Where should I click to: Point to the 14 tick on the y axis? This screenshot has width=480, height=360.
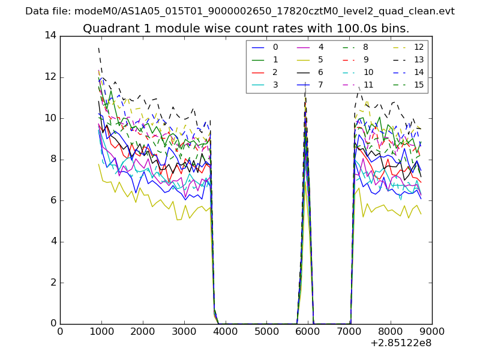(50, 36)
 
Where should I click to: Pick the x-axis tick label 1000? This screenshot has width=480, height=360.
(101, 331)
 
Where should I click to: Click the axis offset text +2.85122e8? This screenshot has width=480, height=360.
(401, 343)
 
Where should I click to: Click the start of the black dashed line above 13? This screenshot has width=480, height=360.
(98, 48)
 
